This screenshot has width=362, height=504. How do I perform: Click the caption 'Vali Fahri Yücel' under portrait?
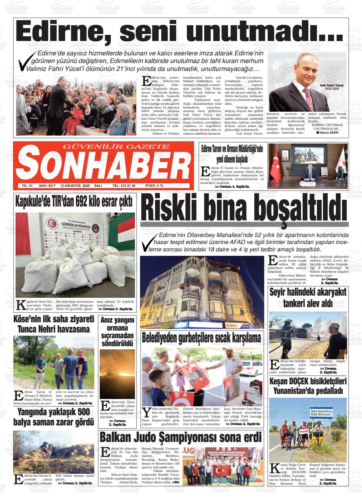coord(332,86)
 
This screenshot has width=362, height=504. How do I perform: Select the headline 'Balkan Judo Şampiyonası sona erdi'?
coord(181,437)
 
